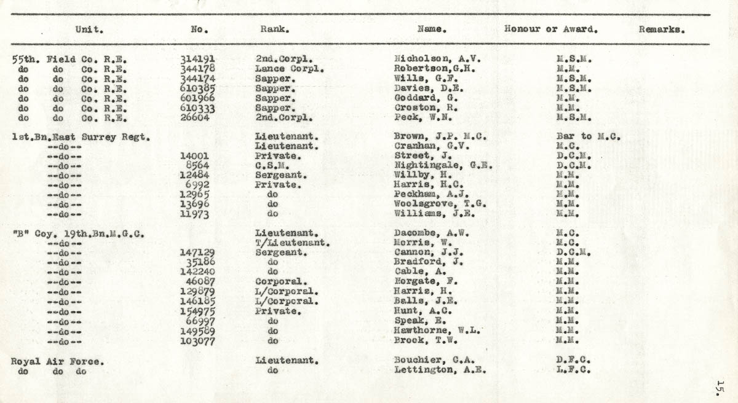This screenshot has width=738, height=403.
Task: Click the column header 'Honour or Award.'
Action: tap(550, 29)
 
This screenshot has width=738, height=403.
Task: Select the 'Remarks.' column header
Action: tap(662, 29)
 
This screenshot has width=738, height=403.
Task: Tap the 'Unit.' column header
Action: tap(89, 29)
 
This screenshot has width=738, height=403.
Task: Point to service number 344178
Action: tap(197, 69)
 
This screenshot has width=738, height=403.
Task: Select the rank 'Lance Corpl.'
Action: tap(289, 69)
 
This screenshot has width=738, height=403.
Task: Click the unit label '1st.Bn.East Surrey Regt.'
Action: tap(81, 137)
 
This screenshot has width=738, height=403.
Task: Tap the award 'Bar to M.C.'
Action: tap(587, 137)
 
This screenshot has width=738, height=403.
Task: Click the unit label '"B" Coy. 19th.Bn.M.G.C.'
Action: tap(78, 233)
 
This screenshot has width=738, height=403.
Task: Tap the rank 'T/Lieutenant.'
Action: tap(293, 243)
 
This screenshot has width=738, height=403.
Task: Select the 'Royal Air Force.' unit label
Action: tap(57, 362)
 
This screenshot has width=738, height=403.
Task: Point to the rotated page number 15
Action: tap(720, 387)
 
